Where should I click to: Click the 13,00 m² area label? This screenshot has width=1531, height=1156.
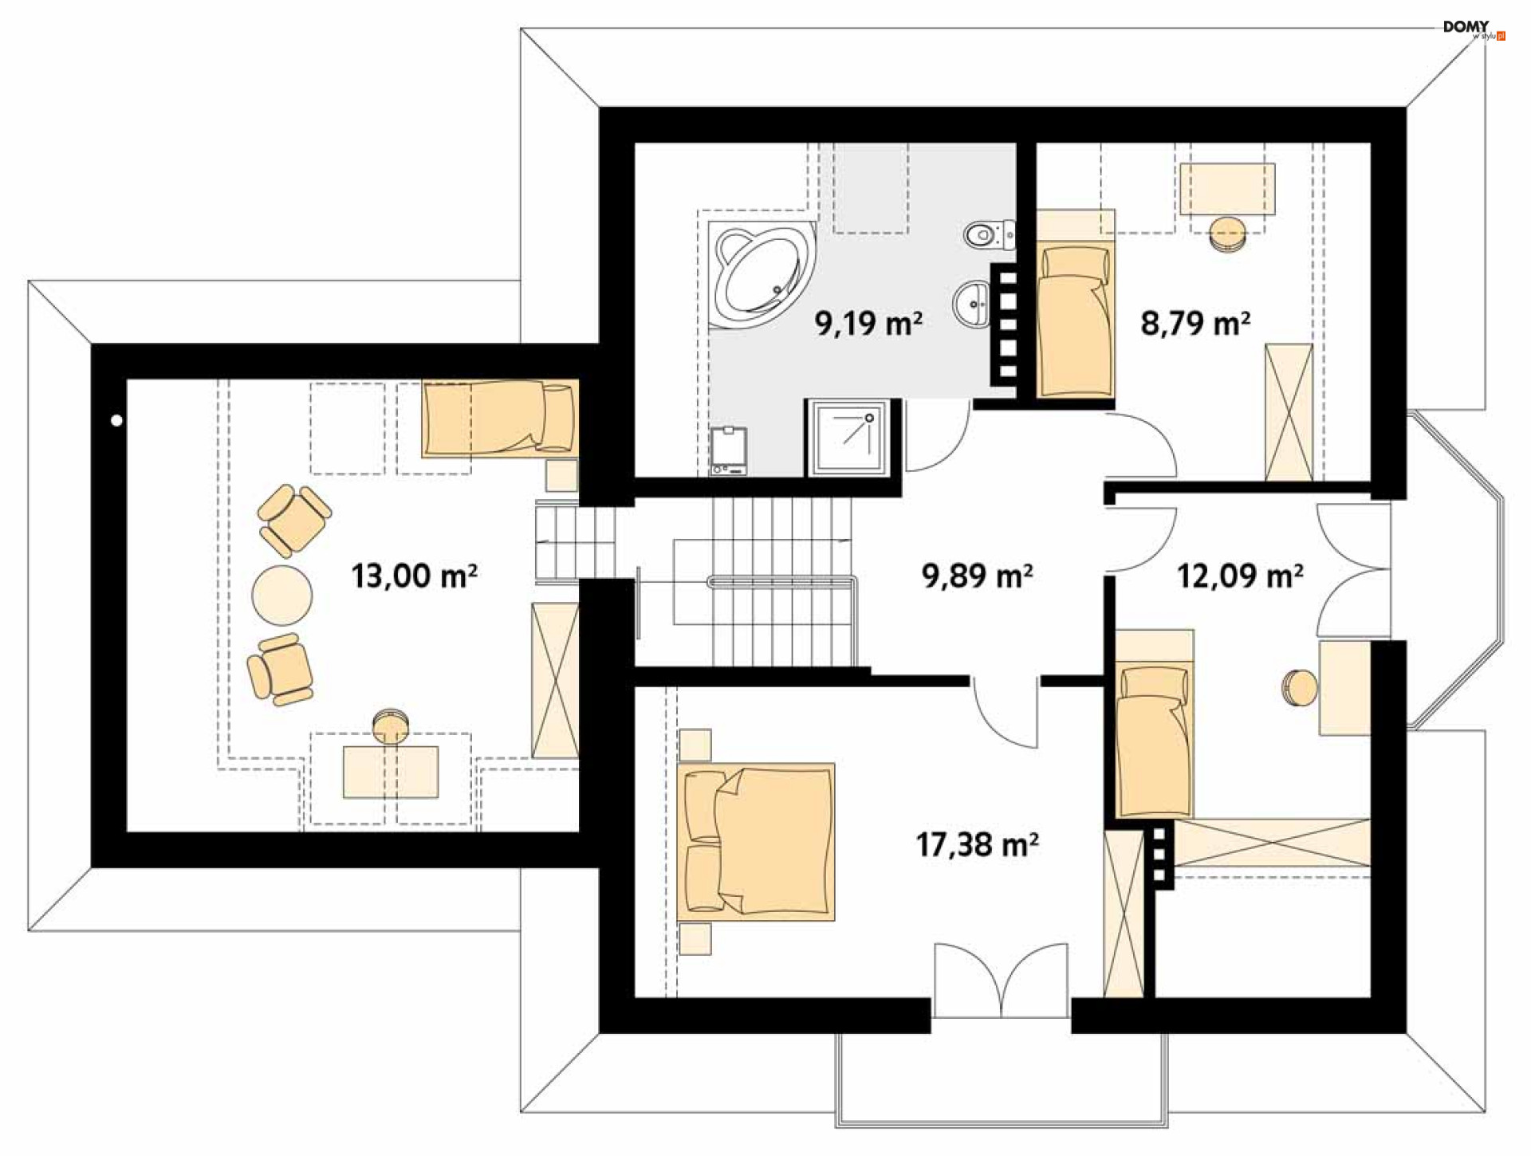[414, 575]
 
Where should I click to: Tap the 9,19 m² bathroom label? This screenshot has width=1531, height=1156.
[868, 323]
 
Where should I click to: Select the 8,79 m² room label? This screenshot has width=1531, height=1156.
[1195, 323]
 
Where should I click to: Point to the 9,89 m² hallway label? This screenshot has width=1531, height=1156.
[977, 575]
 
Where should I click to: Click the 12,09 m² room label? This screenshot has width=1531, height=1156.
[1240, 575]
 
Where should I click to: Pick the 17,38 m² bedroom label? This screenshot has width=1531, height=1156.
[977, 844]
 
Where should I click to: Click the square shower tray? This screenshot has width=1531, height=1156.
[848, 438]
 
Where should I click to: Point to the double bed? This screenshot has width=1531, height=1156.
[756, 842]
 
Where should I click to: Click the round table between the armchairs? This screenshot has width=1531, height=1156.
[282, 595]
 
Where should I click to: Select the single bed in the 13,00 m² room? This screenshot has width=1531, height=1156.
[500, 419]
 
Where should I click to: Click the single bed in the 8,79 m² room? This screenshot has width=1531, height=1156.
[1076, 321]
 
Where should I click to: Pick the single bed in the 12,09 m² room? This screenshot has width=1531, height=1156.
[1154, 742]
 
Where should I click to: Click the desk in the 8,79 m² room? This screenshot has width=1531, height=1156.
[1227, 189]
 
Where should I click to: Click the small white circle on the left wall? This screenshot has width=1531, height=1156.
[117, 420]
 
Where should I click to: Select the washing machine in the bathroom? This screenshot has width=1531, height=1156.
[729, 451]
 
